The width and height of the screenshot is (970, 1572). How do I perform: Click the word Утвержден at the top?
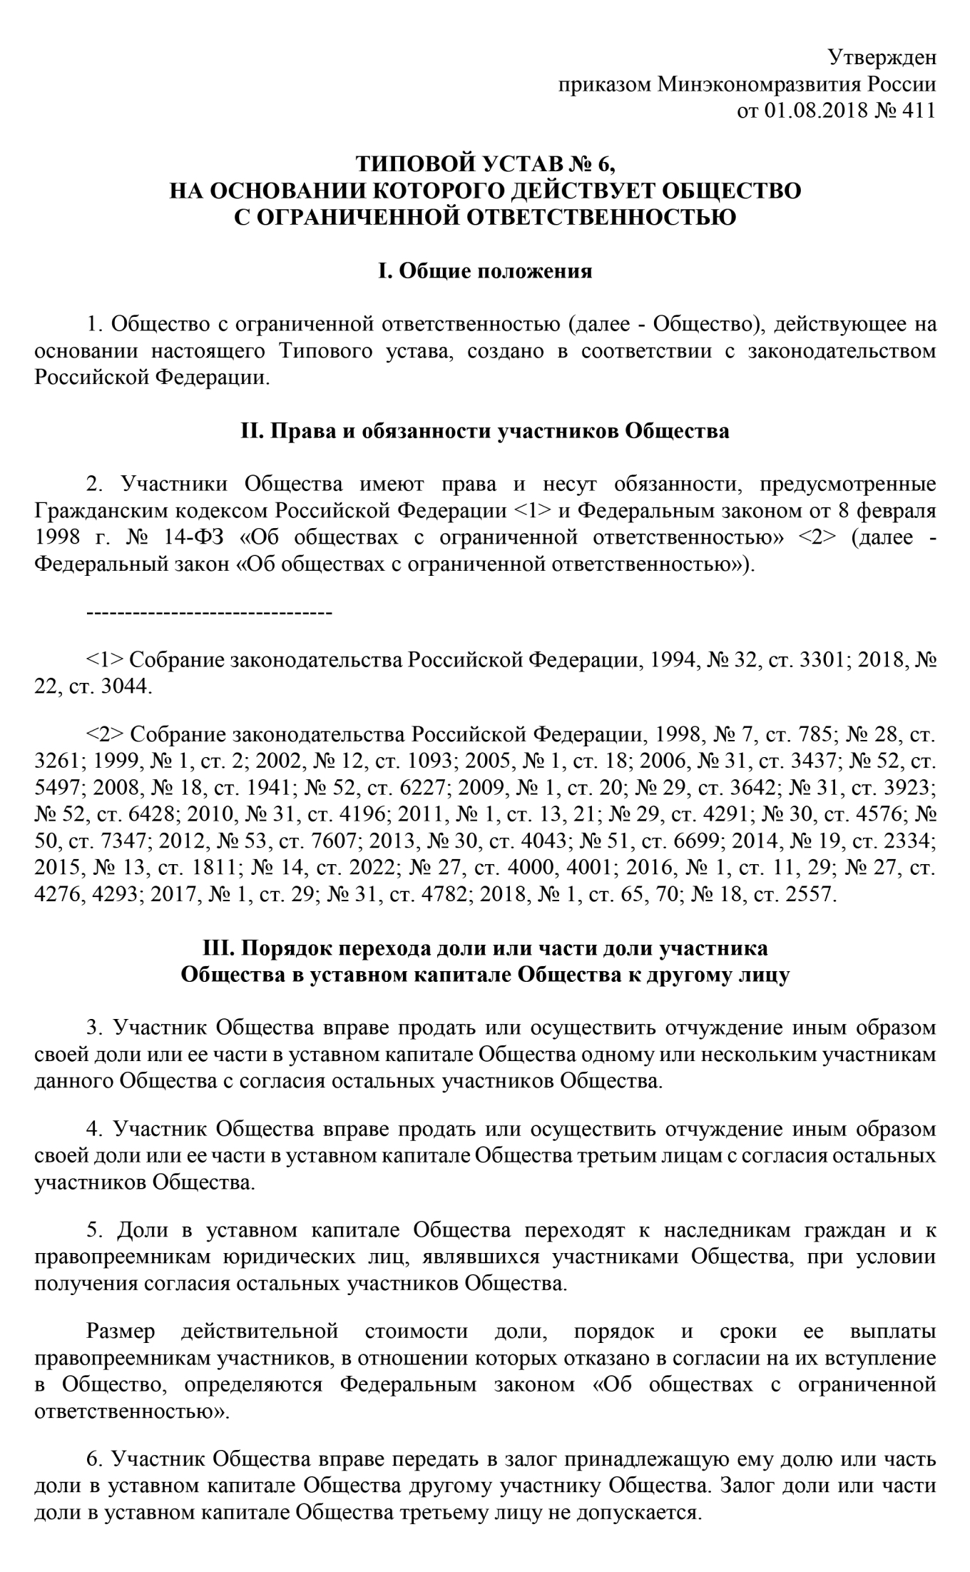click(x=882, y=58)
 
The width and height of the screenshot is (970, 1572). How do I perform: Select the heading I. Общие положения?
click(x=485, y=271)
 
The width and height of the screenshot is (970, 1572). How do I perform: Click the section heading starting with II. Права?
click(x=485, y=431)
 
